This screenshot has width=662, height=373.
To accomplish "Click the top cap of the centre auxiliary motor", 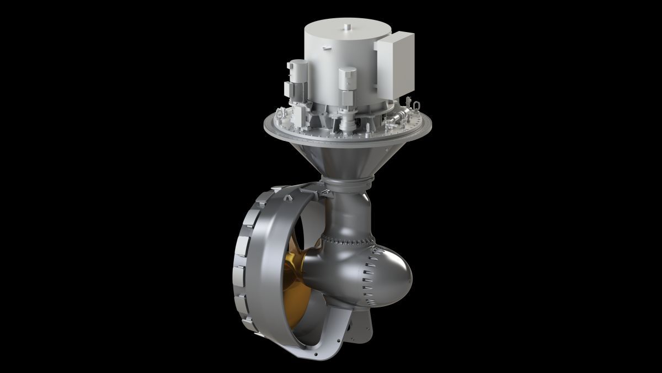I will tap(348, 71).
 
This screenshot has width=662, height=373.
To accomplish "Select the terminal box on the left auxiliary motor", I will tap(287, 88).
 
